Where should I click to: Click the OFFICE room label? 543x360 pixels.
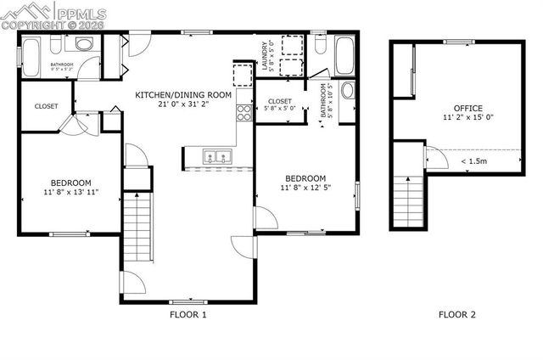pyautogui.click(x=467, y=108)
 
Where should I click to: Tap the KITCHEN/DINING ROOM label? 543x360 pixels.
pyautogui.click(x=183, y=95)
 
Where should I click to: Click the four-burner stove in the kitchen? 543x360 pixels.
pyautogui.click(x=245, y=113)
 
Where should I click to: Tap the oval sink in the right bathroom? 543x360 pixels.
pyautogui.click(x=347, y=90)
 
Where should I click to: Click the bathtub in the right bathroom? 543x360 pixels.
pyautogui.click(x=345, y=56)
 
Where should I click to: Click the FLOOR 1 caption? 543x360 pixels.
pyautogui.click(x=188, y=315)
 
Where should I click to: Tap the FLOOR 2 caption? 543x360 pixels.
pyautogui.click(x=456, y=315)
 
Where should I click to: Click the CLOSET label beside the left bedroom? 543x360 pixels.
pyautogui.click(x=46, y=107)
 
